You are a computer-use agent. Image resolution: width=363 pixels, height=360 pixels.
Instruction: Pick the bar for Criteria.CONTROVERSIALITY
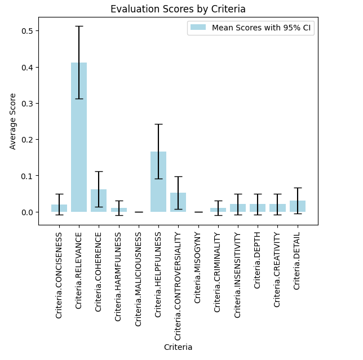[x=178, y=202]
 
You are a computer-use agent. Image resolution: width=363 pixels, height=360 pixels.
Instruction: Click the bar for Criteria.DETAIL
[x=298, y=206]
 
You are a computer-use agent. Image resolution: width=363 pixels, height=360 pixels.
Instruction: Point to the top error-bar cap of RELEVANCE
[x=79, y=26]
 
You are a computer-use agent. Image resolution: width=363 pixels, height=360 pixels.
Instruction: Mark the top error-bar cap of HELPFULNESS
[x=158, y=124]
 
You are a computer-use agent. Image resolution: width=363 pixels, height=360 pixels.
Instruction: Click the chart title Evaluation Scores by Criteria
[x=178, y=9]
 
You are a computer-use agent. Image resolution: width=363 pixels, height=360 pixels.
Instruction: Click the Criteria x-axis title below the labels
[x=178, y=347]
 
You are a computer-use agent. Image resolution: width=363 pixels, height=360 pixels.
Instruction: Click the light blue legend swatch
[x=198, y=28]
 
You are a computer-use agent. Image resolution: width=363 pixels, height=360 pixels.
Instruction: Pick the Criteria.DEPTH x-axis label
[x=258, y=260]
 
